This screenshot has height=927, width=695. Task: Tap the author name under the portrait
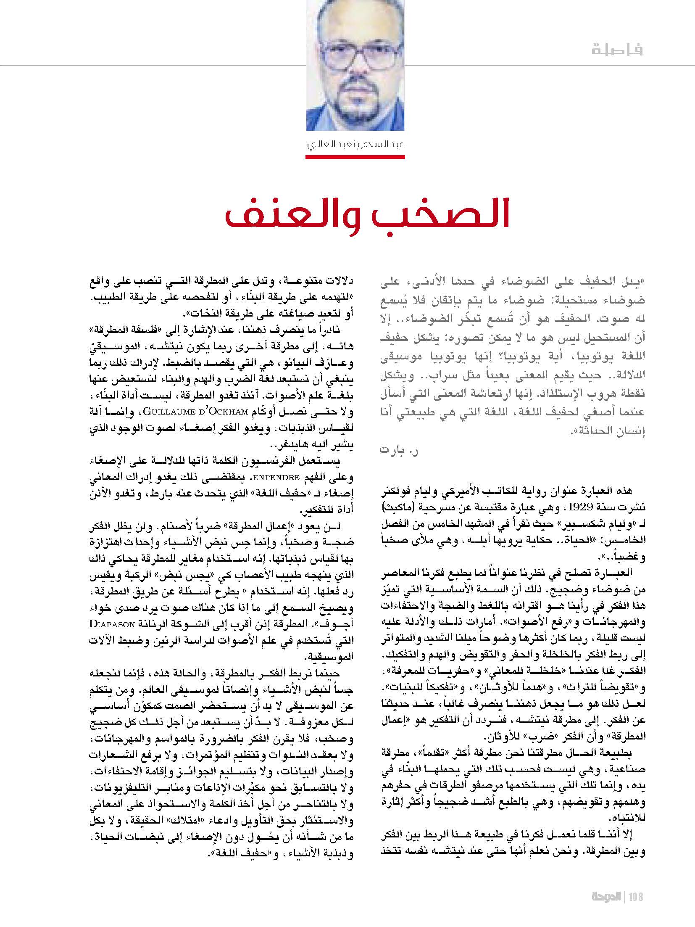tap(355, 145)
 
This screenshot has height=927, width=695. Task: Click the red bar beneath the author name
tap(355, 157)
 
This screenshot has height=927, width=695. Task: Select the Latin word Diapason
tap(112, 624)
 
